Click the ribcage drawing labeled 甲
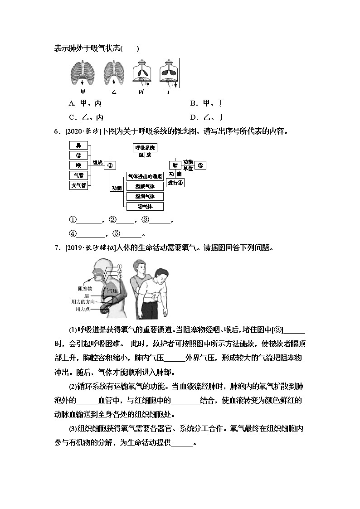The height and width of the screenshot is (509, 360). pos(82,73)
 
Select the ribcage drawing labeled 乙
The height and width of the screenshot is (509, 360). pos(113,73)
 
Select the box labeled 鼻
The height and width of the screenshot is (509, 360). pos(78,145)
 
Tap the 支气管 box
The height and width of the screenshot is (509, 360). pos(78,185)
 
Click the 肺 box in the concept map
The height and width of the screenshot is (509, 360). pos(174,165)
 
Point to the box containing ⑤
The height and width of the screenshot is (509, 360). pos(200,165)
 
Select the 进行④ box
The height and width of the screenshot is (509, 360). pos(175,183)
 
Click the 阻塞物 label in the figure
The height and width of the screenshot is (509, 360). pos(85,288)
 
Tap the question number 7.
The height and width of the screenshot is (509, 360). pos(57,247)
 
